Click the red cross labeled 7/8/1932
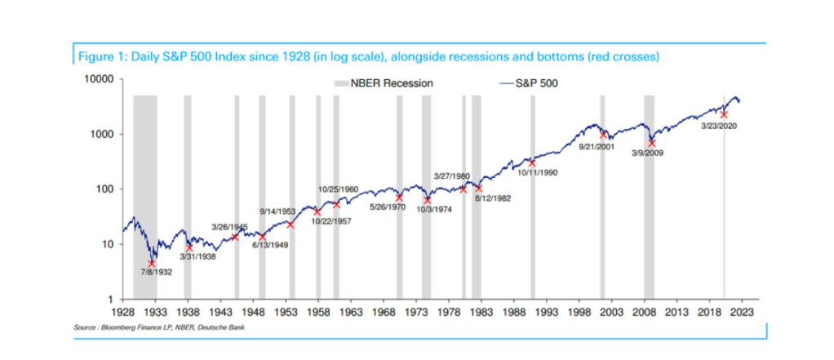coord(152,264)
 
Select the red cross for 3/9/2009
coord(651,143)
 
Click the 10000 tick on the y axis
coord(100,80)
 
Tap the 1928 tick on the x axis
coord(122,312)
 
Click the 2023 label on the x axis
coord(742,312)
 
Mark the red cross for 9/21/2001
coord(605,135)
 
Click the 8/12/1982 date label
coord(493,198)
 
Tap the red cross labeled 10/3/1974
coord(427,200)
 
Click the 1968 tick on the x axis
coord(384,312)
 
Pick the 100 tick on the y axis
coord(105,189)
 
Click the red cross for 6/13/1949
coord(262,237)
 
